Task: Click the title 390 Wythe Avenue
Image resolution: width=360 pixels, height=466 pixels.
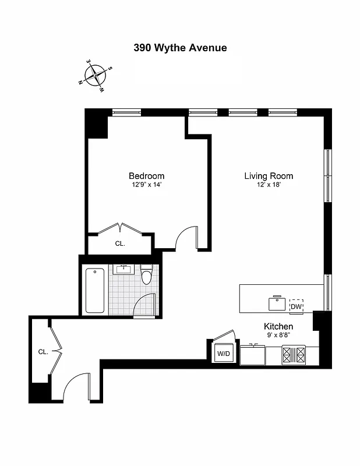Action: (180, 48)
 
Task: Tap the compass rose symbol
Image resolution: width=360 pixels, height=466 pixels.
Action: (95, 76)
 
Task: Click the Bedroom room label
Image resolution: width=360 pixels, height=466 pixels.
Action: (146, 176)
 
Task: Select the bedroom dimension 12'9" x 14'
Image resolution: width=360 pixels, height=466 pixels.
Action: (146, 185)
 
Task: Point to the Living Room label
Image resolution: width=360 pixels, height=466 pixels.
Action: (269, 176)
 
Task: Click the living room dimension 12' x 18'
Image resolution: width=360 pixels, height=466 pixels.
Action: (269, 185)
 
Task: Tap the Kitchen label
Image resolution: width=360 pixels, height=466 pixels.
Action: (278, 326)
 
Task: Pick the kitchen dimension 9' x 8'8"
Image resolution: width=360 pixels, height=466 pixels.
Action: (278, 336)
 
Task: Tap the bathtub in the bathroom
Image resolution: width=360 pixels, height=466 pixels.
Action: (94, 290)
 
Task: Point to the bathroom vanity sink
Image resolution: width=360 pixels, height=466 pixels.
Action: (123, 269)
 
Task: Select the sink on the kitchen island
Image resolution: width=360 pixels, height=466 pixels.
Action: (277, 303)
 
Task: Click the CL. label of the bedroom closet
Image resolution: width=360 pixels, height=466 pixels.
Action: (120, 244)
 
